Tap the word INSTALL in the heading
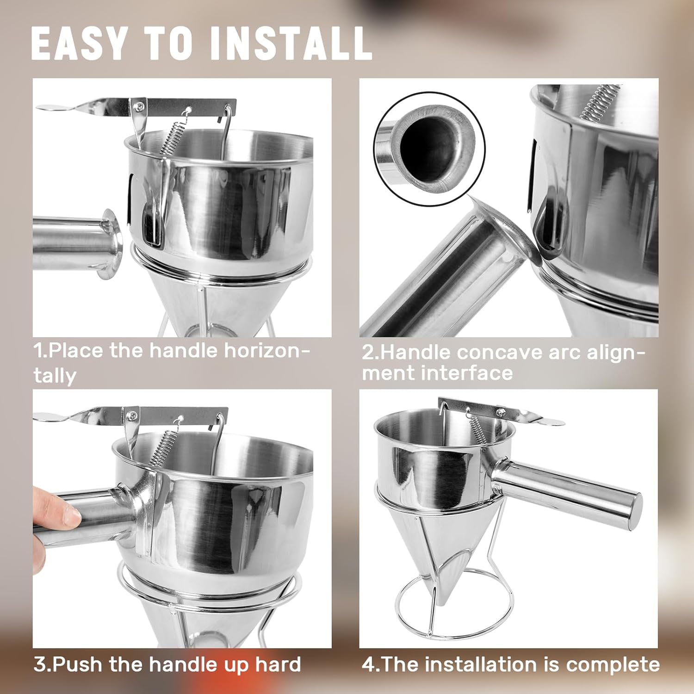coord(291,43)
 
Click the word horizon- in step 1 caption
coord(267,351)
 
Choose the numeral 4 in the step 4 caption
coord(368,665)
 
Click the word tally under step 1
coord(54,375)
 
